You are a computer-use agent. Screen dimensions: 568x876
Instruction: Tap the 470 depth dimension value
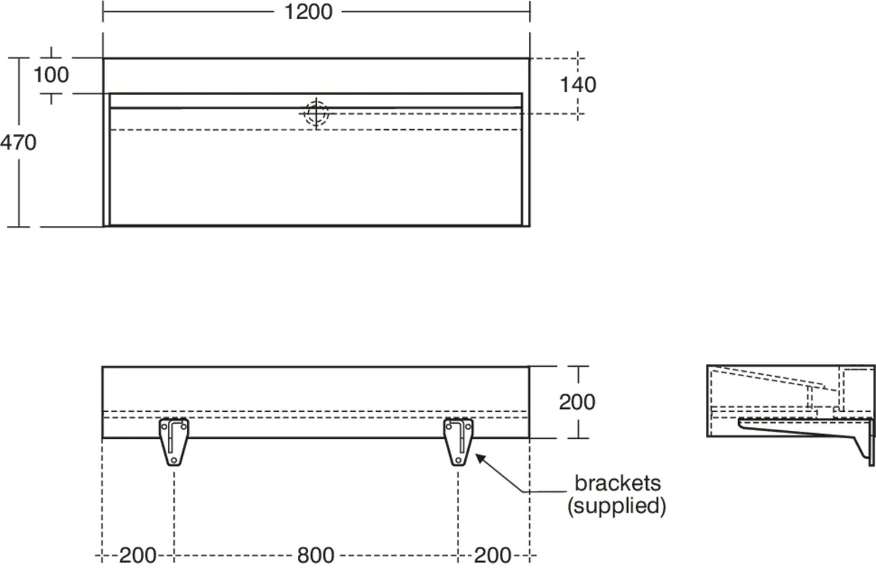coord(18,142)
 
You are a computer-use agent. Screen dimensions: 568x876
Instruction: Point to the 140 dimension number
coord(578,85)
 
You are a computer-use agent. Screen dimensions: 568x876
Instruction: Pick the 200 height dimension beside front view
coord(578,401)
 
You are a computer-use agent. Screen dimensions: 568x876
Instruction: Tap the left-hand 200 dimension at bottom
coord(138,556)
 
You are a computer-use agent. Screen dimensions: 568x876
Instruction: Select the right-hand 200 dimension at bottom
coord(493,556)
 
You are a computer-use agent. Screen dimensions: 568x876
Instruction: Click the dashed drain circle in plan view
coord(316,113)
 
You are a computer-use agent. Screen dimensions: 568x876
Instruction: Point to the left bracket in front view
coord(174,441)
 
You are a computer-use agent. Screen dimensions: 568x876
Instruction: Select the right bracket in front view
coord(458,441)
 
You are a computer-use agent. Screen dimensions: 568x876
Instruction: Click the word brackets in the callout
coord(618,483)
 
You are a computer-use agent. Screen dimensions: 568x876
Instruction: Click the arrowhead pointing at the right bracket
coord(478,457)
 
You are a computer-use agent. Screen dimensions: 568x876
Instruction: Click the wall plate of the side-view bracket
coord(870,441)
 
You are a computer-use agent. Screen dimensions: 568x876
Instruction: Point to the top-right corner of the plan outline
coord(529,58)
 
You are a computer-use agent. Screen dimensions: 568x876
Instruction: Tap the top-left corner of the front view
coord(102,367)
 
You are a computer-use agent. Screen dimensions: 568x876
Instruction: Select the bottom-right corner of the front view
coord(529,438)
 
